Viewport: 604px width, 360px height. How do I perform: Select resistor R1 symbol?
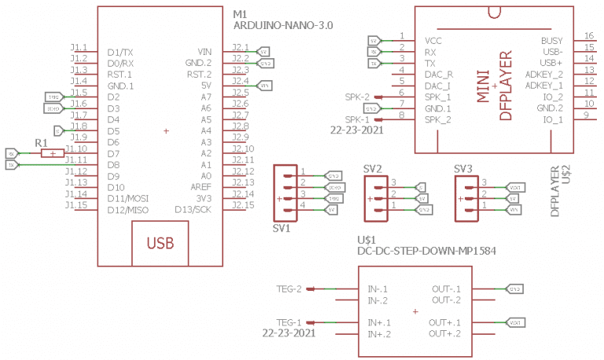52,154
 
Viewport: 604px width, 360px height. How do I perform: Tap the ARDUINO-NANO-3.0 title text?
283,26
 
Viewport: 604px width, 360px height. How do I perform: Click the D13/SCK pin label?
193,210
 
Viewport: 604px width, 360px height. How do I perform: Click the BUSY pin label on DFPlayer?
551,40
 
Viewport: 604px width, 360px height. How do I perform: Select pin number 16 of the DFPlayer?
588,36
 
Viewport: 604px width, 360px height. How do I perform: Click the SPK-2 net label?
356,96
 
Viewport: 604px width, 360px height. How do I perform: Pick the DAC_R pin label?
437,74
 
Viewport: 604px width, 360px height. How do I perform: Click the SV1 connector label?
282,229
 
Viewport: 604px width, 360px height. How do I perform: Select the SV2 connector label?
373,168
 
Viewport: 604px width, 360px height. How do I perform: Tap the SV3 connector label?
463,168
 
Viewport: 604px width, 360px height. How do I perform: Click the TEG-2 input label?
289,288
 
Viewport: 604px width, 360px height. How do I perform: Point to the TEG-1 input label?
289,322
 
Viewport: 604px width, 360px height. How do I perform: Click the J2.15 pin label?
243,205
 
